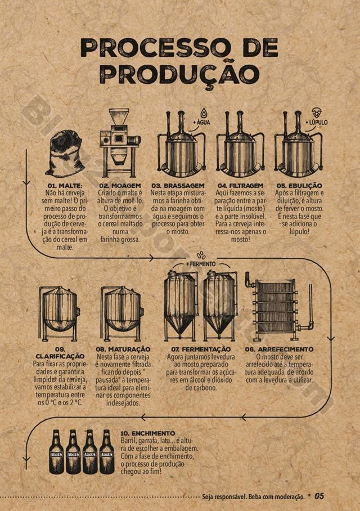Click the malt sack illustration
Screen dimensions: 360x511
[65, 153]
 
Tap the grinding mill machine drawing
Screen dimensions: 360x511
[120, 143]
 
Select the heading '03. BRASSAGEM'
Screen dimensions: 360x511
[178, 186]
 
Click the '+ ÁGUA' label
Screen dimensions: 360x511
[202, 122]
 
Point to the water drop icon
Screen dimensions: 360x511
[204, 113]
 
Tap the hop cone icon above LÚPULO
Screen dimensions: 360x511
[316, 113]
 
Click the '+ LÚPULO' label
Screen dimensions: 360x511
[316, 123]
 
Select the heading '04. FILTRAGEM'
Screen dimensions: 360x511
[240, 186]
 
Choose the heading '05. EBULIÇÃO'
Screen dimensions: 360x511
[299, 186]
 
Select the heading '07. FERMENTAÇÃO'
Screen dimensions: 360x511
[201, 349]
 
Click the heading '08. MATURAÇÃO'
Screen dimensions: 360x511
[123, 349]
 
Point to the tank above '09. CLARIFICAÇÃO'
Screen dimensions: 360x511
[58, 313]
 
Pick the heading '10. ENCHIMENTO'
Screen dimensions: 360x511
[147, 434]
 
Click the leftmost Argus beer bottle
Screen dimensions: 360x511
[57, 452]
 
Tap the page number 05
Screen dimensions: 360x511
[319, 496]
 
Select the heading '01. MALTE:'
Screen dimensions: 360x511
[65, 186]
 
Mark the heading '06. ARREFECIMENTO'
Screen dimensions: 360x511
[279, 349]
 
